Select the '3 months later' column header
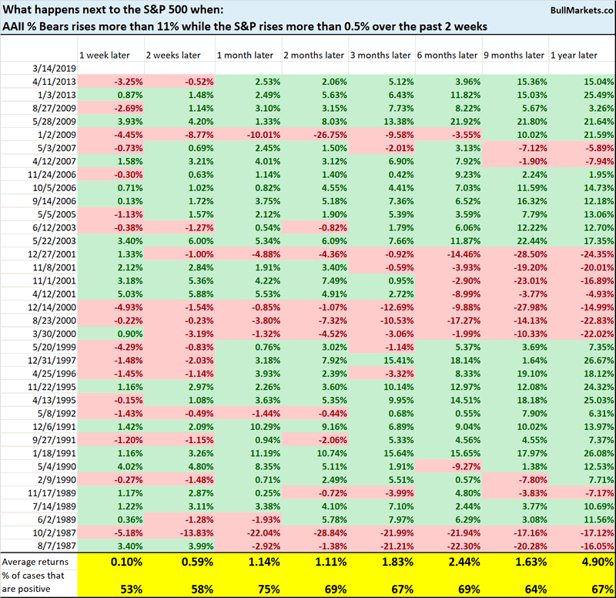380,55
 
